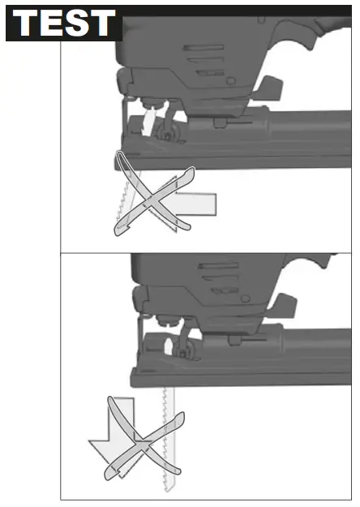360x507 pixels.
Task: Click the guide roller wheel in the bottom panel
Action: coord(184,351)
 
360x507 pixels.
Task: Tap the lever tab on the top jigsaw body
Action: coord(269,88)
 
